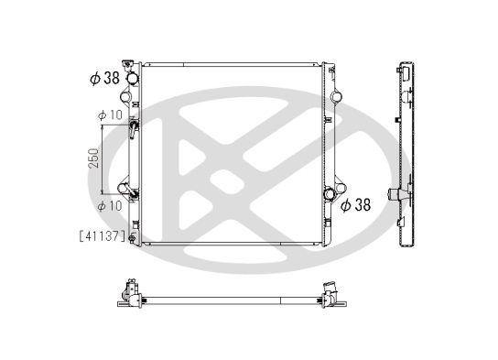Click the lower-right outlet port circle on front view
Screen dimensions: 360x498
(330, 194)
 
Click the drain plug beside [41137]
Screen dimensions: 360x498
(132, 239)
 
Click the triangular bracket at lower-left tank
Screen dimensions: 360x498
(120, 183)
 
